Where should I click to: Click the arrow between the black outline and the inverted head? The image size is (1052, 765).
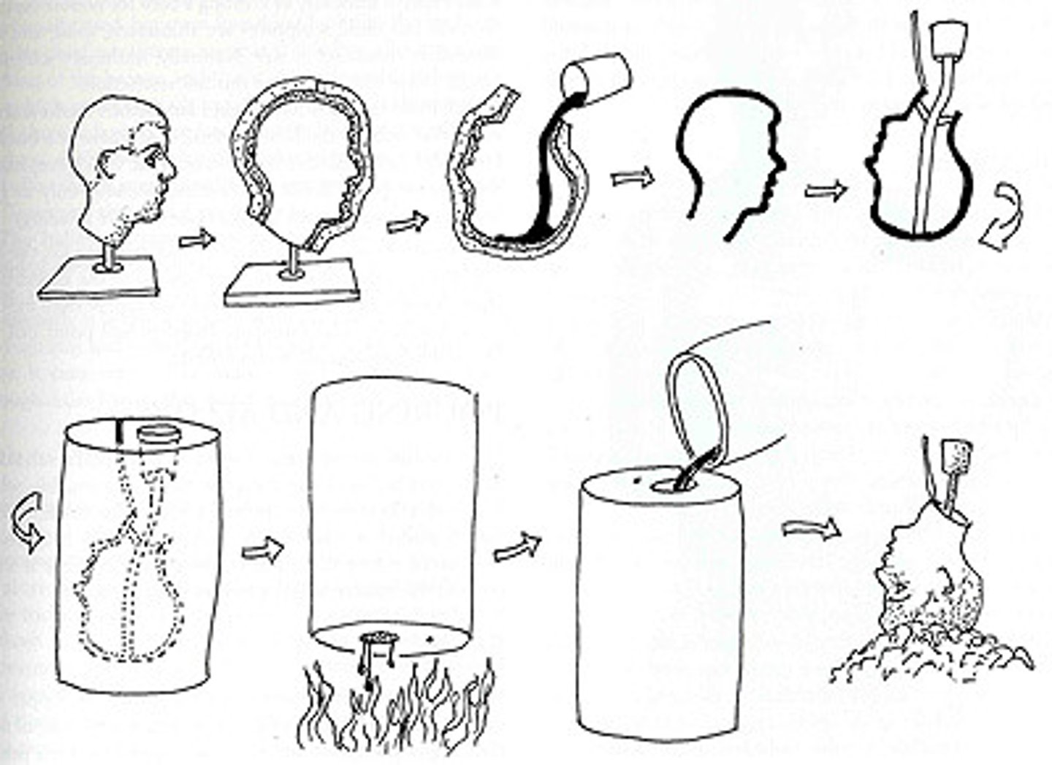pyautogui.click(x=826, y=190)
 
